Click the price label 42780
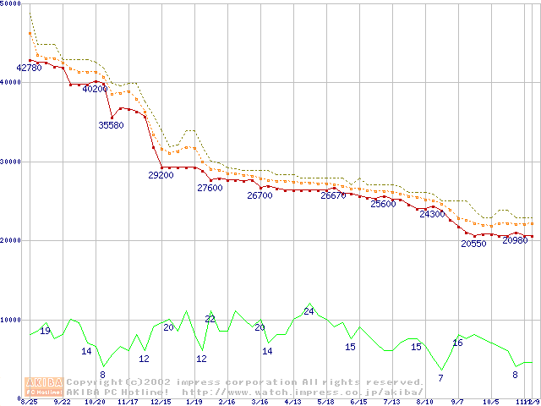(x=29, y=68)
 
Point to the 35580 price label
(x=112, y=125)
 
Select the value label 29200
(x=161, y=175)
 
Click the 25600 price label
(x=383, y=204)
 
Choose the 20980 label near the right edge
(x=515, y=240)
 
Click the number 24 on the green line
(x=309, y=311)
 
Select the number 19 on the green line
(x=46, y=331)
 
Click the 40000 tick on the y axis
(x=11, y=82)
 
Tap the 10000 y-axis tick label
(x=11, y=320)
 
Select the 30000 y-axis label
(x=11, y=162)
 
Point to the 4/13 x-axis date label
(x=292, y=403)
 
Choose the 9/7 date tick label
(x=457, y=403)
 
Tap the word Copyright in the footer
(x=99, y=382)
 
